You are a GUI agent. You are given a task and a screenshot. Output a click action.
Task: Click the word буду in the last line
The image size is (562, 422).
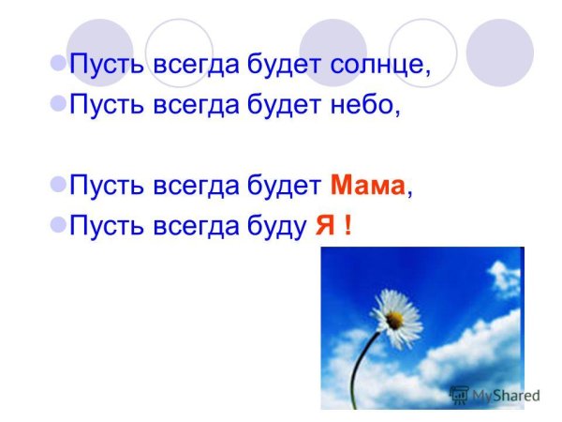pyautogui.click(x=274, y=225)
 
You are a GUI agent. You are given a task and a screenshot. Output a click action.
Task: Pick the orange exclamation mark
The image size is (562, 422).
pyautogui.click(x=348, y=225)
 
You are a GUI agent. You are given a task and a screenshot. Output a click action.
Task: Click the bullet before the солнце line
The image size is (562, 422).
pyautogui.click(x=56, y=67)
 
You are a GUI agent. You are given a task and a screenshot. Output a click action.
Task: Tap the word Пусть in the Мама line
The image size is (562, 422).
pyautogui.click(x=104, y=186)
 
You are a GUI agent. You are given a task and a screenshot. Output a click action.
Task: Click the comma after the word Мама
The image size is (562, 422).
pyautogui.click(x=410, y=191)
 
